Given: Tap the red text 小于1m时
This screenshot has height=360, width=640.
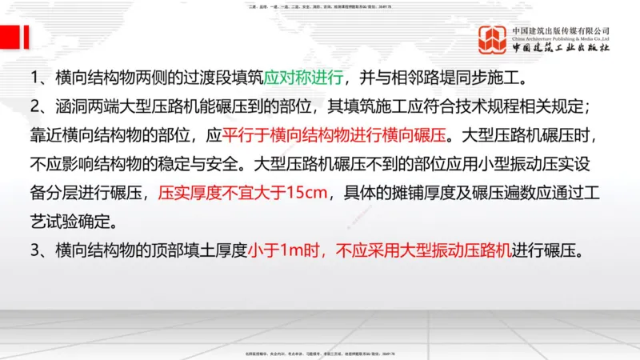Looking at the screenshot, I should point(288,250).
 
